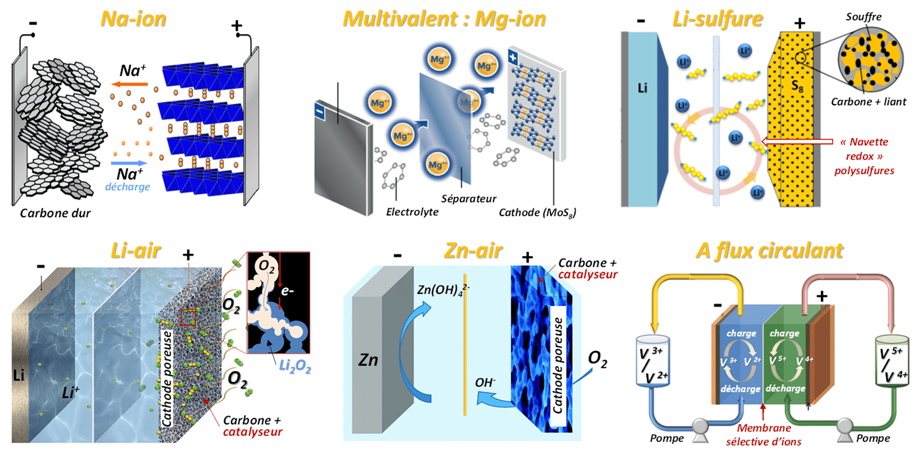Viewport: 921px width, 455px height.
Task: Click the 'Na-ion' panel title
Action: pyautogui.click(x=133, y=19)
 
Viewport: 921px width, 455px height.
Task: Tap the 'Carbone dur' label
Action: pyautogui.click(x=55, y=213)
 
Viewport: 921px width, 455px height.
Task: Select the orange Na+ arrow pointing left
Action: pyautogui.click(x=130, y=84)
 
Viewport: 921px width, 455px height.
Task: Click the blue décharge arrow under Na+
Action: pyautogui.click(x=129, y=163)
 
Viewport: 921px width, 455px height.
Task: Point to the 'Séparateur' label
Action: pyautogui.click(x=468, y=199)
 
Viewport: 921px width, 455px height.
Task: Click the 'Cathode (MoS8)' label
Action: pyautogui.click(x=537, y=213)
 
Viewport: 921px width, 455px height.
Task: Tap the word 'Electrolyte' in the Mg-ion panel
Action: pyautogui.click(x=412, y=212)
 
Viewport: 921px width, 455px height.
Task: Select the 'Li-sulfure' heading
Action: pyautogui.click(x=717, y=19)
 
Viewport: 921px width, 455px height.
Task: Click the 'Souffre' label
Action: pyautogui.click(x=863, y=17)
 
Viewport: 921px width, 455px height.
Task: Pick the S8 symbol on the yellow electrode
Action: pyautogui.click(x=797, y=86)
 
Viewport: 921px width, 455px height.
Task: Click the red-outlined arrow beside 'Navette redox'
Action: pyautogui.click(x=797, y=142)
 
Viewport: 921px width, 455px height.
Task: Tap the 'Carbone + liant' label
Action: pyautogui.click(x=868, y=102)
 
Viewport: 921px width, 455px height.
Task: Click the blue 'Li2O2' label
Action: pyautogui.click(x=295, y=366)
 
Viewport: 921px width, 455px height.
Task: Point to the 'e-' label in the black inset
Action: pyautogui.click(x=287, y=291)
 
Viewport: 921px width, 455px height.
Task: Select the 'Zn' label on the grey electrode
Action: pyautogui.click(x=368, y=360)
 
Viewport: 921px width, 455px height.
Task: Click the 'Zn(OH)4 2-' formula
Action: pyautogui.click(x=442, y=290)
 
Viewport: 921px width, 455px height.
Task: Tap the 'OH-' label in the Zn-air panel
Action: pyautogui.click(x=485, y=382)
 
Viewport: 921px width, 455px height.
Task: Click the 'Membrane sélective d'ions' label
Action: pyautogui.click(x=763, y=435)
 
